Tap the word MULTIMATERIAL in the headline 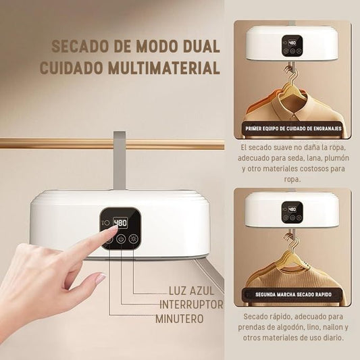coord(164,68)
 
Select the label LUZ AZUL coord(191,291)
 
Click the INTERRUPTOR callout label coord(191,305)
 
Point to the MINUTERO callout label coord(180,319)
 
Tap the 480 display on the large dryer coord(120,222)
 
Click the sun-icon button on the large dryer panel coord(132,239)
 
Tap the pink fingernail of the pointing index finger coord(113,228)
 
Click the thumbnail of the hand coord(101,278)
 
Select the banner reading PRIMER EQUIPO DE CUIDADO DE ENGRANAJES coord(293,128)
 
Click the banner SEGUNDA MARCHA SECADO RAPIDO coord(293,294)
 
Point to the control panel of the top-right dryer coord(292,46)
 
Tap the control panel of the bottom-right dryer coord(292,212)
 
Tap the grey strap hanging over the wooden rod coord(120,160)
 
